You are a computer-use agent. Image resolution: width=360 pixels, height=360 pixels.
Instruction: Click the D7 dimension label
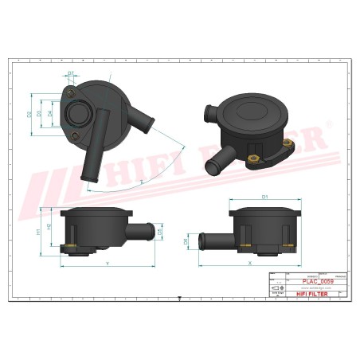(x=70, y=73)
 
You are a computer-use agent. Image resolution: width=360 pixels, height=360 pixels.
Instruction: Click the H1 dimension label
(x=37, y=232)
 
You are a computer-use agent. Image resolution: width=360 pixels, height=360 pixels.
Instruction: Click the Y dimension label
(x=108, y=262)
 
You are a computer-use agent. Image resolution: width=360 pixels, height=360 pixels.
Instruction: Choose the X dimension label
(x=251, y=262)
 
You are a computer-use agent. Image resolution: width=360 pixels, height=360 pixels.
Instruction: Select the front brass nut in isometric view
(x=256, y=156)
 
